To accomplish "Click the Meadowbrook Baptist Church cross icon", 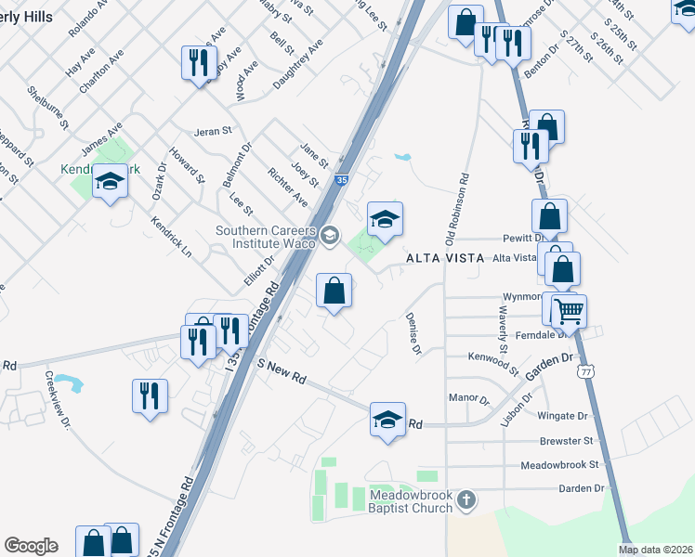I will (467, 501).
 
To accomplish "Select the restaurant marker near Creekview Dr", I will (150, 395).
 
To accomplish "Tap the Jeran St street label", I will (213, 132).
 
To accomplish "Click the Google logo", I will (31, 546).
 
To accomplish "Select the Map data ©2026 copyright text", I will (655, 550).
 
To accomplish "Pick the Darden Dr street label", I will (581, 487).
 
